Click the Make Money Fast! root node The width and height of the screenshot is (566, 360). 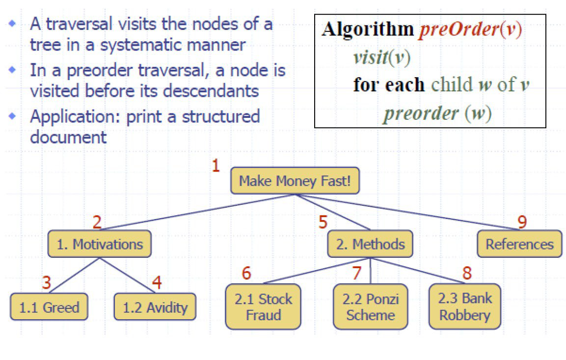pyautogui.click(x=295, y=181)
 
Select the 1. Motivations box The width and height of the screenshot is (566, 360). pyautogui.click(x=100, y=244)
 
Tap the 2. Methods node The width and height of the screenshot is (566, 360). pyautogui.click(x=370, y=244)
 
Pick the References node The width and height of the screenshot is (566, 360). pyautogui.click(x=519, y=244)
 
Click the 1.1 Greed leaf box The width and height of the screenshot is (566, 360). pyautogui.click(x=49, y=308)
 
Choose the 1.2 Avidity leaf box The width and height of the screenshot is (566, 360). pyautogui.click(x=155, y=308)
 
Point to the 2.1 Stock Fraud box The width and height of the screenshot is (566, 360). pyautogui.click(x=263, y=306)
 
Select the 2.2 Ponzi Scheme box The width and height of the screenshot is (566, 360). pyautogui.click(x=371, y=306)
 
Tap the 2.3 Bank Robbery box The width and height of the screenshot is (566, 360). pyautogui.click(x=464, y=306)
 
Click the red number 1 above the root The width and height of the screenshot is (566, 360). pyautogui.click(x=216, y=166)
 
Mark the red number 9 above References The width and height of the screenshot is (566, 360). pyautogui.click(x=522, y=222)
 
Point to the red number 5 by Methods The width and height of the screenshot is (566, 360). pyautogui.click(x=323, y=222)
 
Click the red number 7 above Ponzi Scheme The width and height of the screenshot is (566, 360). pyautogui.click(x=357, y=273)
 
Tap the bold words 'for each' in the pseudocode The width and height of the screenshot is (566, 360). pyautogui.click(x=388, y=85)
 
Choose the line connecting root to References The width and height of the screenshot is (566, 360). pyautogui.click(x=407, y=212)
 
